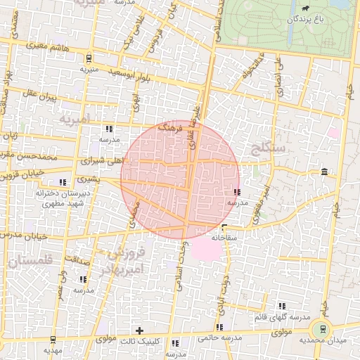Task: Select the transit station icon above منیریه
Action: coord(88,58)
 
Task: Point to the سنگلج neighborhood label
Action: coord(268,148)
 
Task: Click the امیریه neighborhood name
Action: coord(75,119)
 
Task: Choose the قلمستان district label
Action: coord(27,261)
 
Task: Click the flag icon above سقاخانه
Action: coord(224,227)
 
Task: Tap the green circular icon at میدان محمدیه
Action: coord(323,328)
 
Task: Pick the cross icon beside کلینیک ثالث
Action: coord(139,330)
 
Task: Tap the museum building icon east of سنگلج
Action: coord(323,172)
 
